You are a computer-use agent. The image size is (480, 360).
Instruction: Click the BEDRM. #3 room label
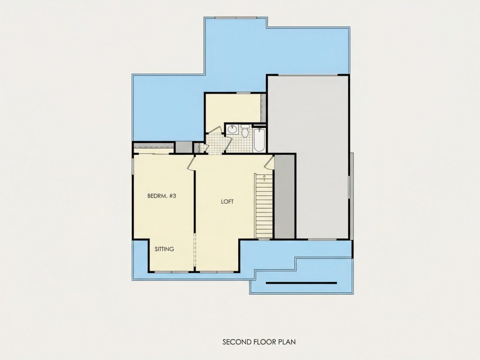coord(161,196)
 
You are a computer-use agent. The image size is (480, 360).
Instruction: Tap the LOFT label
coord(227,202)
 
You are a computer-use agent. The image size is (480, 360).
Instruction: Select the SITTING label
coord(164,249)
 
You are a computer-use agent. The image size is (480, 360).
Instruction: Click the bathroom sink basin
coord(233,130)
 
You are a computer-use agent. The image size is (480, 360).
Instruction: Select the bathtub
coord(259,140)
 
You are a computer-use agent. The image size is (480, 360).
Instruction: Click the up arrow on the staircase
coord(264,178)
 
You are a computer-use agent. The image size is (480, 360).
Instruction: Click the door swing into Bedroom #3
coord(191,162)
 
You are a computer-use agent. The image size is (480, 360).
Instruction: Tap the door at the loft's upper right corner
coord(269,162)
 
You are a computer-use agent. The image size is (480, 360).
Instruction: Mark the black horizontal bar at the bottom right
coord(301,283)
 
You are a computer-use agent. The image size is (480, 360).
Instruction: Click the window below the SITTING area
coord(171,272)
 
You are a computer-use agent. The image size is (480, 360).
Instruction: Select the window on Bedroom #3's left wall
coord(133,166)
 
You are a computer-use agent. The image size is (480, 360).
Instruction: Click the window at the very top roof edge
coord(236,17)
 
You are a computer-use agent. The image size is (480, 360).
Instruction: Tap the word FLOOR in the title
coord(265,342)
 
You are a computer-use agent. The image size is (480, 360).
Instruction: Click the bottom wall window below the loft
coord(217,272)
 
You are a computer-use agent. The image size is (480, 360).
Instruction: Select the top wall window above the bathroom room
coord(243,93)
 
